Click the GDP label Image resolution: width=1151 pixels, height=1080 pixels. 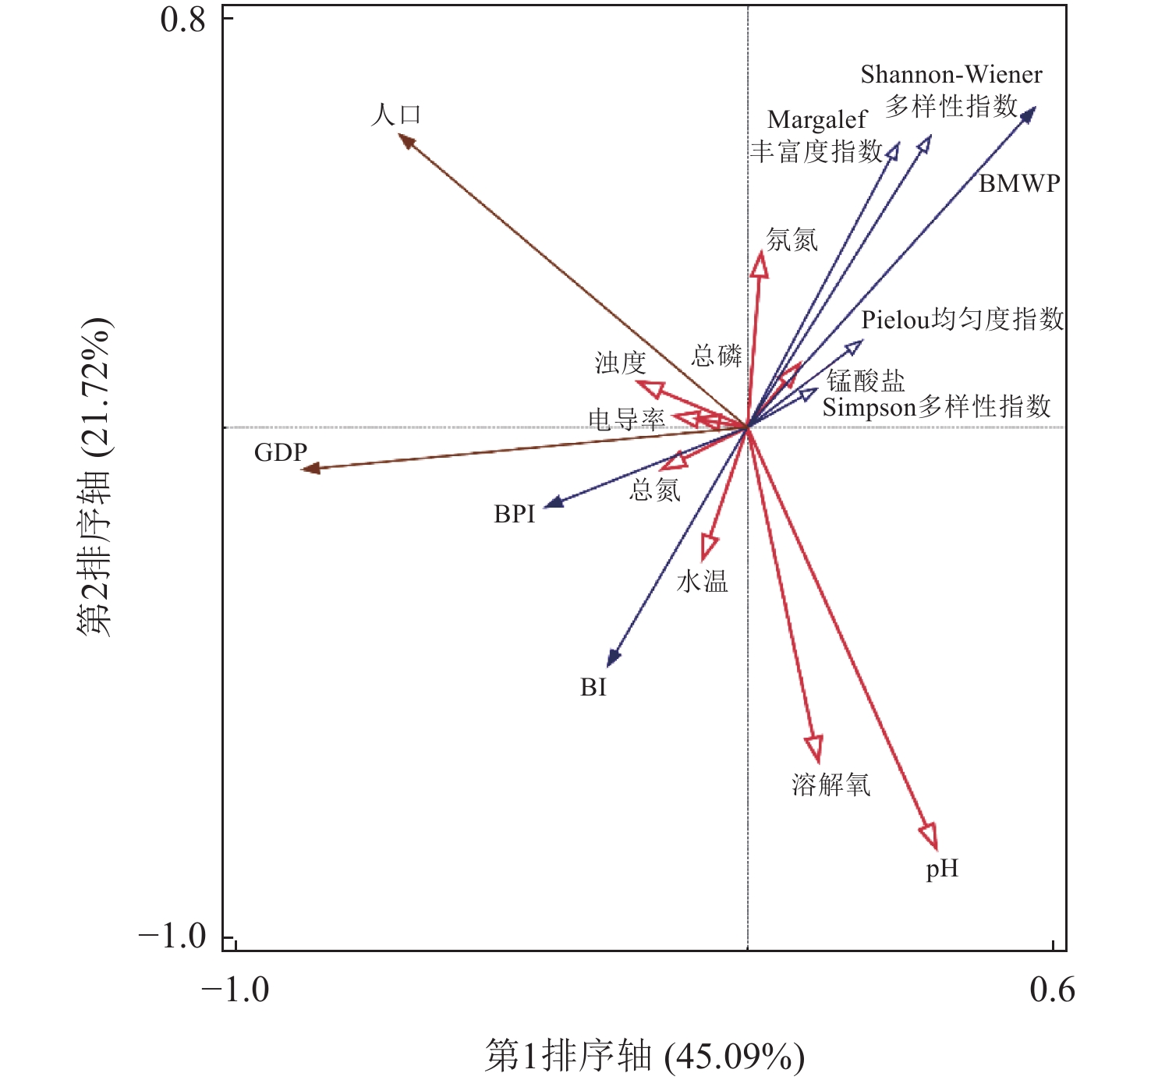click(x=281, y=452)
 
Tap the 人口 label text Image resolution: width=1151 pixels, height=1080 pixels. click(x=396, y=115)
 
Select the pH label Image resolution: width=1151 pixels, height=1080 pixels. click(x=942, y=869)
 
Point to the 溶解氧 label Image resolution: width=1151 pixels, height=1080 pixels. click(x=830, y=784)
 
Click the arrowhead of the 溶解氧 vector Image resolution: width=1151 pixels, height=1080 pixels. click(x=815, y=749)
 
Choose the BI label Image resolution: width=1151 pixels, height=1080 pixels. click(x=593, y=687)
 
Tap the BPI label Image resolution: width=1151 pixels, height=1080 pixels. click(x=515, y=515)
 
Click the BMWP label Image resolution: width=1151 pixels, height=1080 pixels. click(x=1019, y=183)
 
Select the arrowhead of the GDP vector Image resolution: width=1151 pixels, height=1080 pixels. click(x=310, y=468)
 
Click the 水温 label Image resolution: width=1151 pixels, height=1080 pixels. click(x=703, y=582)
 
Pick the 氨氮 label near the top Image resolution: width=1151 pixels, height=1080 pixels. click(x=792, y=239)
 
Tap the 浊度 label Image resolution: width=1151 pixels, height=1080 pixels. click(x=621, y=363)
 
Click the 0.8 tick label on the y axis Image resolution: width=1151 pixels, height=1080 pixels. click(x=183, y=19)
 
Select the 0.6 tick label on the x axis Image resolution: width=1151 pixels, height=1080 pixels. click(x=1052, y=990)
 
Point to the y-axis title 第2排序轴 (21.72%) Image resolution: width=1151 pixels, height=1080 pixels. click(x=95, y=477)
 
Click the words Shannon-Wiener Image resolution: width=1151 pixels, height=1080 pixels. click(x=951, y=75)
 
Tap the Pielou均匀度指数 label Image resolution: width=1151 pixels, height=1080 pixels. click(x=962, y=319)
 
